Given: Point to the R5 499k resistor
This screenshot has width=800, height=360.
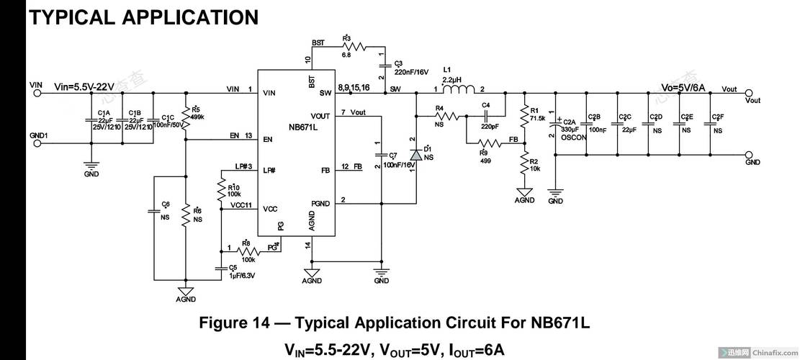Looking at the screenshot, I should [x=186, y=116].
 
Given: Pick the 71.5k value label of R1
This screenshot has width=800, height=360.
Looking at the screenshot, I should [x=537, y=117].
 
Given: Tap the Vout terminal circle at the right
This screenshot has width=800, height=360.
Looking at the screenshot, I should [x=750, y=93].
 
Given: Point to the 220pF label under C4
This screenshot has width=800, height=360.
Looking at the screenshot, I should [x=490, y=126].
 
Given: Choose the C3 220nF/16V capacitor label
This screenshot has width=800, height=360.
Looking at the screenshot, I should [x=412, y=72].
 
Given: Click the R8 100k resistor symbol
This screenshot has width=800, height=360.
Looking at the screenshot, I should [x=248, y=250].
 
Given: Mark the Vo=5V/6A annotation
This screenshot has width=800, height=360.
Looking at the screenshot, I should [x=683, y=86].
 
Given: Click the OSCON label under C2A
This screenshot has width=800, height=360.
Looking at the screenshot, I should [x=574, y=136].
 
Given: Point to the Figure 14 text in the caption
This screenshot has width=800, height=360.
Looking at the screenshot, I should [x=235, y=323].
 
